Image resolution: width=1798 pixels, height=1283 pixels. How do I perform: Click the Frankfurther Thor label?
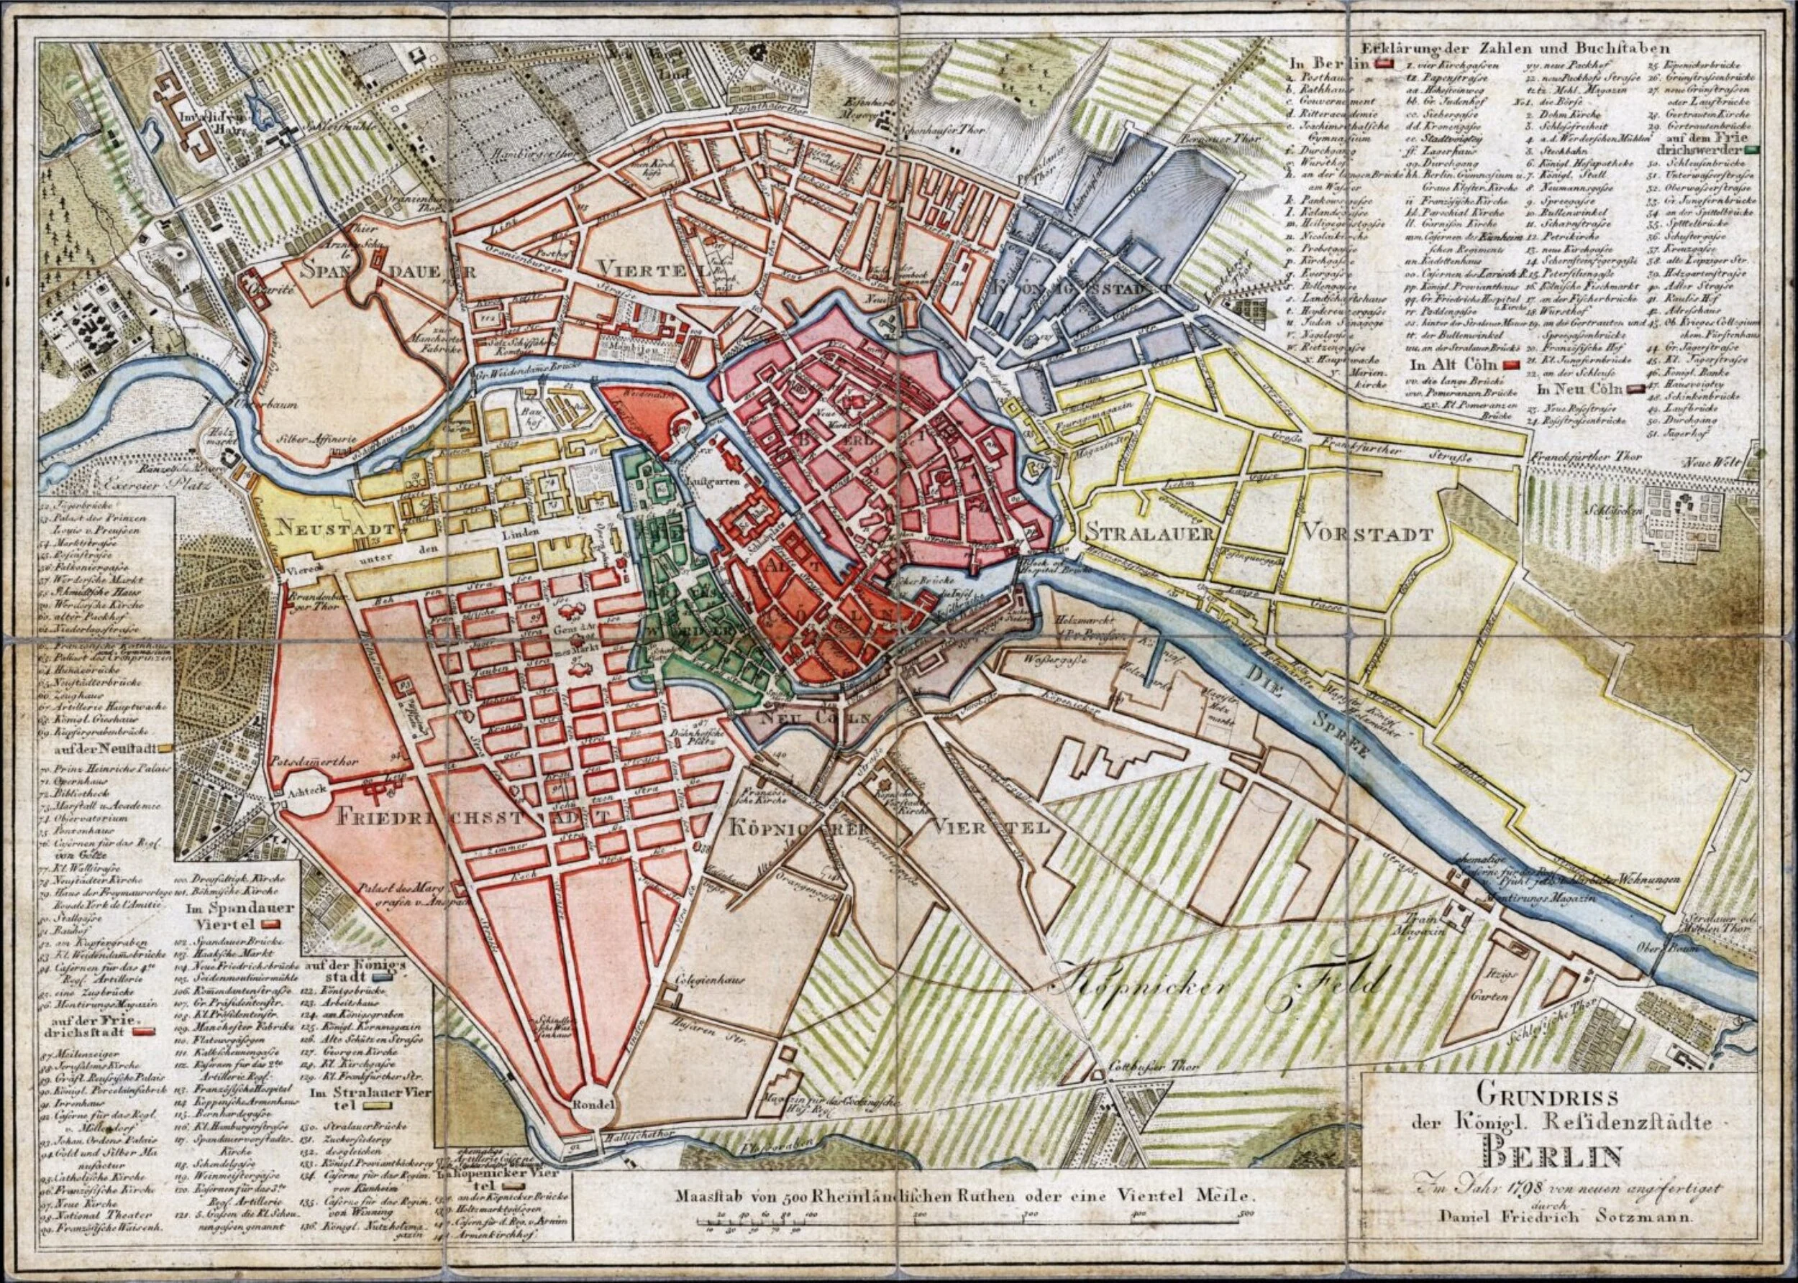coord(1572,457)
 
